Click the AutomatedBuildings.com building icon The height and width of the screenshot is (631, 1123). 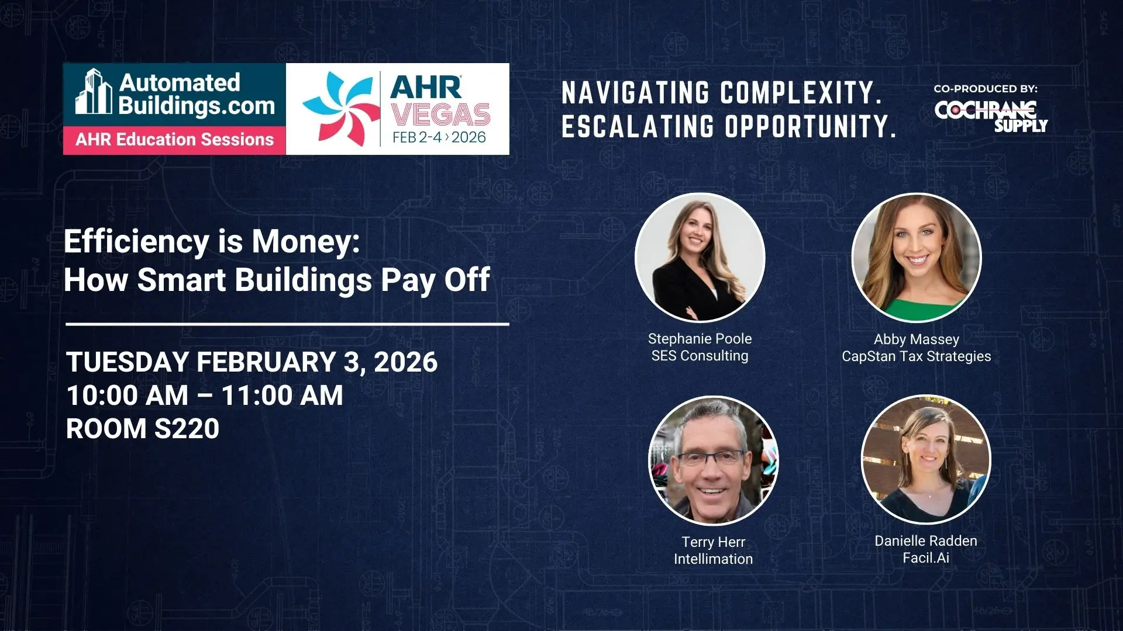point(94,92)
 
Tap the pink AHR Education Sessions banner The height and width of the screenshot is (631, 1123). point(174,140)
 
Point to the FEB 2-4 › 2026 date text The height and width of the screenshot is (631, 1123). point(439,137)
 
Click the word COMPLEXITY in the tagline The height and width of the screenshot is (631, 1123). point(801,93)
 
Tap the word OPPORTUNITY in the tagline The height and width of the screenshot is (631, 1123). point(811,126)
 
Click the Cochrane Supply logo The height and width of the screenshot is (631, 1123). point(991,116)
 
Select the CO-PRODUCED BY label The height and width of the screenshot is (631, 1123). point(986,89)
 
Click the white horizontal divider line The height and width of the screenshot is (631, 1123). point(287,324)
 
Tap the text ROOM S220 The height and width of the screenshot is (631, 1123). point(143,429)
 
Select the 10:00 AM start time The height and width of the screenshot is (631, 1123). point(128,396)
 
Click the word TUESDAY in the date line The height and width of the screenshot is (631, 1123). point(127,362)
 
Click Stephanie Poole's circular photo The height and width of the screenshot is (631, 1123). point(700,257)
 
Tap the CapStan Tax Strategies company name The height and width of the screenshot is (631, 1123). point(917,356)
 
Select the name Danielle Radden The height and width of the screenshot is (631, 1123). point(926,541)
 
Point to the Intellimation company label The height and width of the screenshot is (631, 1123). point(713,559)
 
